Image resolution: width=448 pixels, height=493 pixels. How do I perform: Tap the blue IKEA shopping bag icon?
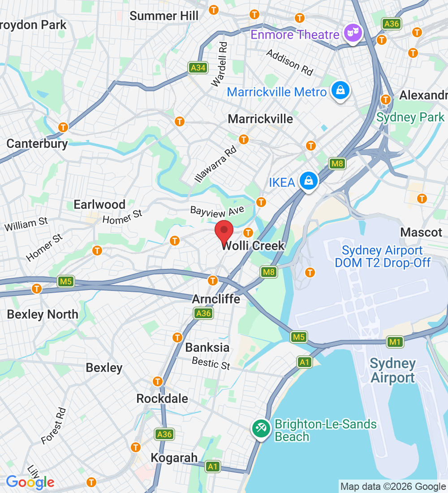click(x=309, y=181)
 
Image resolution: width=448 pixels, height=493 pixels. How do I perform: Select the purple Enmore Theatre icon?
click(x=353, y=33)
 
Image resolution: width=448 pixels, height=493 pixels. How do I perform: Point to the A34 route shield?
click(x=197, y=68)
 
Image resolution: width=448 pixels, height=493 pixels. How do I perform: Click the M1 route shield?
click(x=395, y=342)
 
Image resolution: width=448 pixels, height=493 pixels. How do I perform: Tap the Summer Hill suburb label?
click(x=164, y=16)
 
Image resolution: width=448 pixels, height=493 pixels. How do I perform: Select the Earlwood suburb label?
click(x=99, y=205)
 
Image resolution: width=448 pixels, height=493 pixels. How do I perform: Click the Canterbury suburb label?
click(x=37, y=144)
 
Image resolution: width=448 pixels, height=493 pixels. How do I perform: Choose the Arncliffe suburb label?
click(x=216, y=299)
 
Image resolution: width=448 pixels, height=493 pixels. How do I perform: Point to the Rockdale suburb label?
click(x=162, y=398)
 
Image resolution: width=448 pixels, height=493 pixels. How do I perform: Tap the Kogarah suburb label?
click(x=174, y=458)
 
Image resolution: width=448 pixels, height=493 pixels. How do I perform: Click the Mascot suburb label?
click(x=421, y=232)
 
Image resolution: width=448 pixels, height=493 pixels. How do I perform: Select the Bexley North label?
click(x=43, y=315)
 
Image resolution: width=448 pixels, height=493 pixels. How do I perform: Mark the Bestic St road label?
click(x=211, y=363)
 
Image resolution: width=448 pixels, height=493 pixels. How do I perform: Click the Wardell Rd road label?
click(x=220, y=64)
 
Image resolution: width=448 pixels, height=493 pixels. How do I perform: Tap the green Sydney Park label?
click(x=410, y=117)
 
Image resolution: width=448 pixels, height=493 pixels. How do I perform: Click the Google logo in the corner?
click(x=30, y=482)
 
